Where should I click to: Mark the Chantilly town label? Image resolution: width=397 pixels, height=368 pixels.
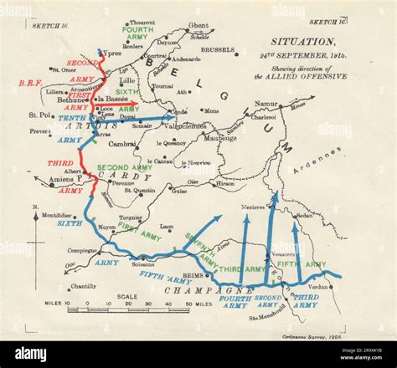[84, 287]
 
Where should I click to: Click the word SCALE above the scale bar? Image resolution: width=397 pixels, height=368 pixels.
[127, 296]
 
